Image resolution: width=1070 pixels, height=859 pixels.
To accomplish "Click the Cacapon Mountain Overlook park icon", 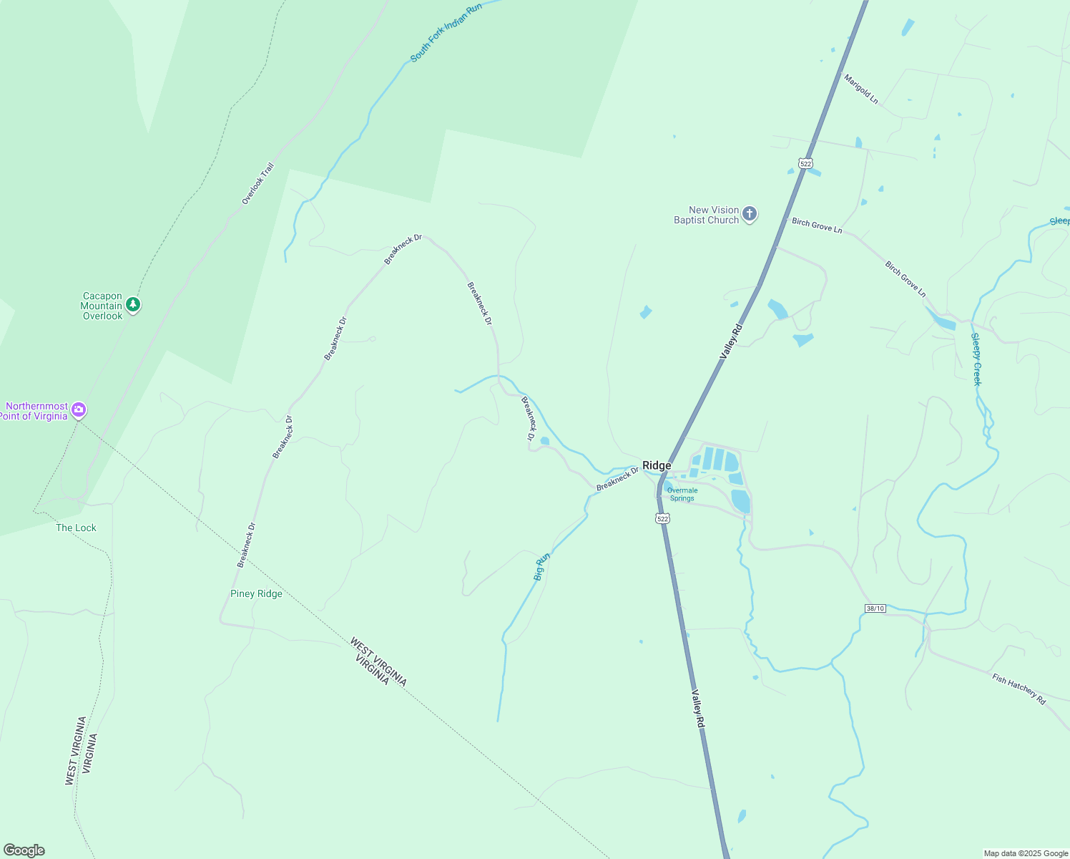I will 133,306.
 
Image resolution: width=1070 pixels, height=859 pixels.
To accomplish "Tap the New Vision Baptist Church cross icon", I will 750,214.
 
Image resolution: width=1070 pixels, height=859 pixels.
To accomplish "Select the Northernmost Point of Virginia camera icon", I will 79,410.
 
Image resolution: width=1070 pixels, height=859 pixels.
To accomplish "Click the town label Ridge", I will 657,466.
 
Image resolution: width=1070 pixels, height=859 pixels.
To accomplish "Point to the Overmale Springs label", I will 682,495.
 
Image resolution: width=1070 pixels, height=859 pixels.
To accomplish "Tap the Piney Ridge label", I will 256,594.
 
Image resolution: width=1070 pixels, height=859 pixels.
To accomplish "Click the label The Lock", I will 76,528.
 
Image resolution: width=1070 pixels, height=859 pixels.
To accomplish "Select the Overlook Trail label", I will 257,184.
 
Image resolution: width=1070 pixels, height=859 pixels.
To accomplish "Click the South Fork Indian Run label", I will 446,32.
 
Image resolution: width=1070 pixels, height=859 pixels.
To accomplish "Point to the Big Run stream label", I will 542,566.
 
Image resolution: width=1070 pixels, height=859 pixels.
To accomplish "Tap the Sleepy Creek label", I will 976,359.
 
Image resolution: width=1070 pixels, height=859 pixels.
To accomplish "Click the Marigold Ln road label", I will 860,89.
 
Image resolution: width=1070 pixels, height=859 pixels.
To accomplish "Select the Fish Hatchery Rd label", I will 1019,689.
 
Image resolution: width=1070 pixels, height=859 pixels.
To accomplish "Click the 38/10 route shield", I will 875,608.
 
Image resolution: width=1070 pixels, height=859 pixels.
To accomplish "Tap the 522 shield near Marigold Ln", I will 806,164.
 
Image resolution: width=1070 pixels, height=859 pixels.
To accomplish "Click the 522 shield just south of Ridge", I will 662,518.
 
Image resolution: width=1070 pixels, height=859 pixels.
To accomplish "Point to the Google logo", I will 24,850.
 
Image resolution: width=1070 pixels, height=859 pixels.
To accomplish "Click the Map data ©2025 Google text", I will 1026,853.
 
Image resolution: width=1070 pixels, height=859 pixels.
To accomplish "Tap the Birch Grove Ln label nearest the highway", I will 817,226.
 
